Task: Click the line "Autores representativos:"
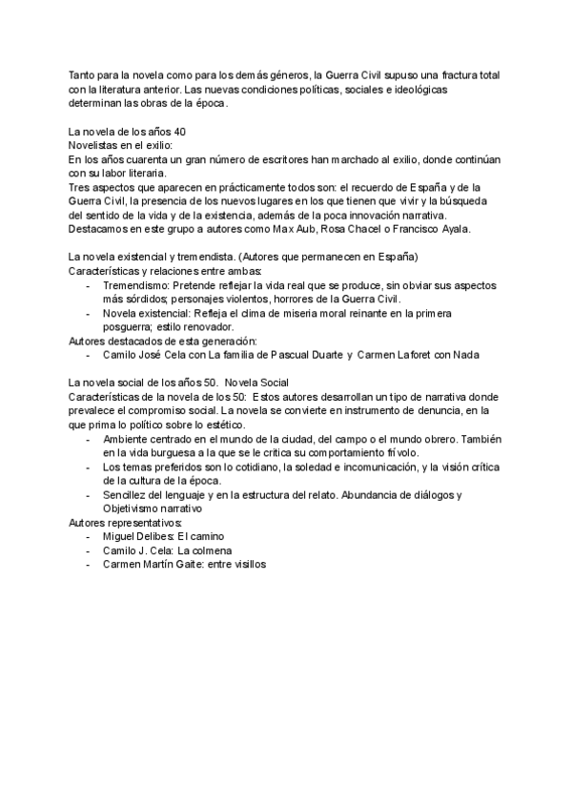coord(122,523)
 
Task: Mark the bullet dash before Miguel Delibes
coord(89,537)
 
